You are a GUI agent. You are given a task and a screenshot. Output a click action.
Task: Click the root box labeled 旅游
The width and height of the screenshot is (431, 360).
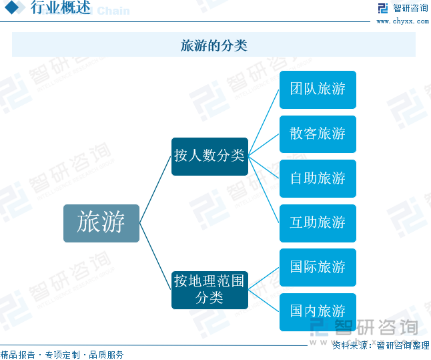point(101,223)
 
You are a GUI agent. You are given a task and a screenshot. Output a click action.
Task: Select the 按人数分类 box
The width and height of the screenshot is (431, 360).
point(209,156)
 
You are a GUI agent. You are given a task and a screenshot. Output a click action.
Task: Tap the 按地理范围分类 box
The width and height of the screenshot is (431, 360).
point(209,290)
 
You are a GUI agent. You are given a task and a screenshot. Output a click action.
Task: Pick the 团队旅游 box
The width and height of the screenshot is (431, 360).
point(318,89)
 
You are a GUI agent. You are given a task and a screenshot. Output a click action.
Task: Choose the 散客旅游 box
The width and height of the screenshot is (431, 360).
point(318,134)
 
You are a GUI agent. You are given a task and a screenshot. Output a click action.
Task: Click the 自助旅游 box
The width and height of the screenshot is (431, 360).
point(318,178)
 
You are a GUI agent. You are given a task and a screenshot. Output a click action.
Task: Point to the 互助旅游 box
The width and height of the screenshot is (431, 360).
point(318,223)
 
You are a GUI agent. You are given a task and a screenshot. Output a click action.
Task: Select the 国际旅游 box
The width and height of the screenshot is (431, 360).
point(318,268)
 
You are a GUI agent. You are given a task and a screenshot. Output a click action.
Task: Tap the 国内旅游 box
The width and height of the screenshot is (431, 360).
point(318,312)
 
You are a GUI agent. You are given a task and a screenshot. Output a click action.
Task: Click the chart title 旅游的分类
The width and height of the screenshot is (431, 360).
point(214,45)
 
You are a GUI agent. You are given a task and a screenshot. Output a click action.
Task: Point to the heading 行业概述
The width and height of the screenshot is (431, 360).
point(61,7)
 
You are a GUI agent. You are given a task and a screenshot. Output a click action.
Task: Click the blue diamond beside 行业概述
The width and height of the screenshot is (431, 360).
point(11,7)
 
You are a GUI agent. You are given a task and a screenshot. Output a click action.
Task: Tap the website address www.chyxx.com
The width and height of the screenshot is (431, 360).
point(403,21)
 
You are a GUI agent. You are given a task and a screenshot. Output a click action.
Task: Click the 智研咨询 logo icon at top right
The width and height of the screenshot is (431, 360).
point(382,8)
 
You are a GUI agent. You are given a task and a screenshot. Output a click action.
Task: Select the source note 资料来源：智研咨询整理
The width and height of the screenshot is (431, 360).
point(381,345)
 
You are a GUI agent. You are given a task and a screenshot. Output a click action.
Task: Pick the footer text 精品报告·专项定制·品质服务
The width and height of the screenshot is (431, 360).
point(62,355)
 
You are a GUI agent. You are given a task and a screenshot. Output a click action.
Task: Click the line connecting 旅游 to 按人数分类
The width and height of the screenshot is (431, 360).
point(155,190)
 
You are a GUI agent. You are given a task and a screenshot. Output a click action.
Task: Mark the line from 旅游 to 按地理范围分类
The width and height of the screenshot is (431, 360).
point(155,256)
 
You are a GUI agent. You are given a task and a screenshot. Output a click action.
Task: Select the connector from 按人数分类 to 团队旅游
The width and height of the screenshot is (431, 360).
point(264,123)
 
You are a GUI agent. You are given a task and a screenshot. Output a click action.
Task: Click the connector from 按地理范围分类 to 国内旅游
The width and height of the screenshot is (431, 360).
point(264,301)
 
